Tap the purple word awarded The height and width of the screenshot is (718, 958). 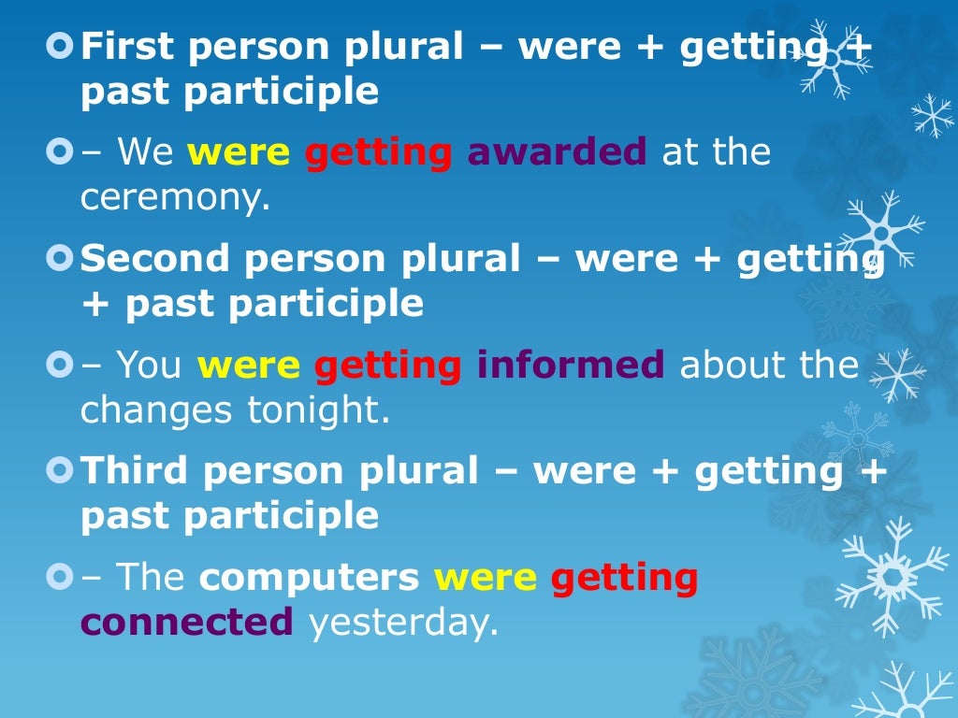pos(557,151)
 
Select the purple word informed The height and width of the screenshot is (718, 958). pos(571,365)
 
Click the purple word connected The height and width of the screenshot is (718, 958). pos(187,622)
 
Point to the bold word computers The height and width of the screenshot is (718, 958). pos(309,578)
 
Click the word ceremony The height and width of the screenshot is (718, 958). pos(175,198)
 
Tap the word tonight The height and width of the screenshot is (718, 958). pos(318,409)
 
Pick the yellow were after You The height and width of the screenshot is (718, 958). pos(249,365)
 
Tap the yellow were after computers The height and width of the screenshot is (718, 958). pos(485,578)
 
